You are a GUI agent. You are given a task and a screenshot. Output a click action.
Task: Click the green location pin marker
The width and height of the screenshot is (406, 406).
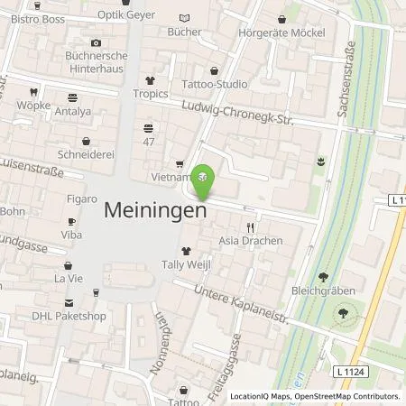205,178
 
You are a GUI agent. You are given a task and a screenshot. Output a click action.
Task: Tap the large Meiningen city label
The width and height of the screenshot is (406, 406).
156,209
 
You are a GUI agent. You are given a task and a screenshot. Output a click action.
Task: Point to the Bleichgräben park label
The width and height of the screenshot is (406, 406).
322,293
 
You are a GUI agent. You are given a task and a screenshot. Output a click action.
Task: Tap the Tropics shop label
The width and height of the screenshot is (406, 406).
151,94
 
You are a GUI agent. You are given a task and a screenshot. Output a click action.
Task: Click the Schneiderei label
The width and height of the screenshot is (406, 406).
87,154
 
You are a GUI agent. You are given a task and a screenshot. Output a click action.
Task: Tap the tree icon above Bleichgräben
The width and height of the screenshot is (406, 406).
323,277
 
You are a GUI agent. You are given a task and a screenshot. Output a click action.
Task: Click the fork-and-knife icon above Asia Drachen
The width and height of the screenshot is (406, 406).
251,227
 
